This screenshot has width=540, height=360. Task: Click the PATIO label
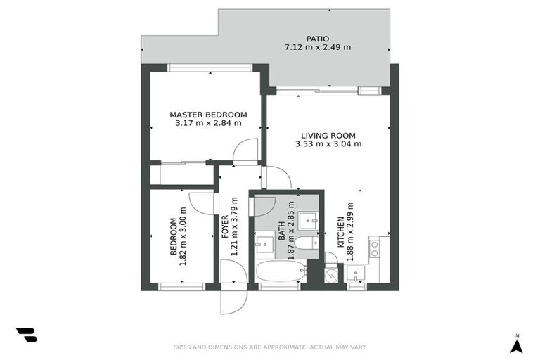pyautogui.click(x=317, y=39)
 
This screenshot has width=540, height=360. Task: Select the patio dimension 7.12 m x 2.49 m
pyautogui.click(x=317, y=48)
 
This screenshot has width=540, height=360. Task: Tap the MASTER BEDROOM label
pyautogui.click(x=208, y=115)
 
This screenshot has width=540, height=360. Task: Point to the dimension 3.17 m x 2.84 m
pyautogui.click(x=208, y=123)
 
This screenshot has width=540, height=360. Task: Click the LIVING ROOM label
pyautogui.click(x=328, y=136)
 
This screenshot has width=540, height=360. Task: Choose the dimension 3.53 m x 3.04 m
pyautogui.click(x=328, y=144)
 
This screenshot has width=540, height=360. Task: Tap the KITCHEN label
pyautogui.click(x=340, y=232)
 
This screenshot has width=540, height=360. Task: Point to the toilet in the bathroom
pyautogui.click(x=306, y=243)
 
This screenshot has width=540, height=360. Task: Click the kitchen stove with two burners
pyautogui.click(x=375, y=247)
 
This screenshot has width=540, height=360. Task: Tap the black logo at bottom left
pyautogui.click(x=27, y=336)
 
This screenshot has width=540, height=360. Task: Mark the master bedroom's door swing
pyautogui.click(x=246, y=150)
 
